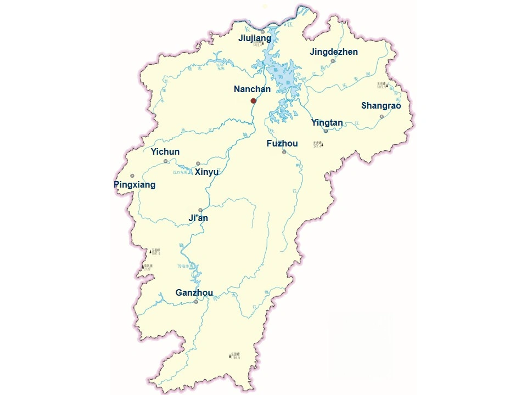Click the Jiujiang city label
(255, 38)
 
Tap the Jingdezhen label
(334, 52)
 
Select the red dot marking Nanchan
(253, 101)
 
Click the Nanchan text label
(252, 89)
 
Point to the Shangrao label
(381, 105)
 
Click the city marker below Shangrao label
(382, 117)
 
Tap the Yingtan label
(327, 122)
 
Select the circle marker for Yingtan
(326, 131)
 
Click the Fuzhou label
(282, 143)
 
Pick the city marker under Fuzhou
(284, 152)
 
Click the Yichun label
(165, 151)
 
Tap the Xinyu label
(207, 172)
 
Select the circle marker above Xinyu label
(198, 163)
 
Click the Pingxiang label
(134, 185)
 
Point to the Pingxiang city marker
(132, 176)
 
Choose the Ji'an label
(198, 218)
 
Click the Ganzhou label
(194, 292)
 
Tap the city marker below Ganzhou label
(196, 301)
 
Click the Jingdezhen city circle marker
(333, 61)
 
